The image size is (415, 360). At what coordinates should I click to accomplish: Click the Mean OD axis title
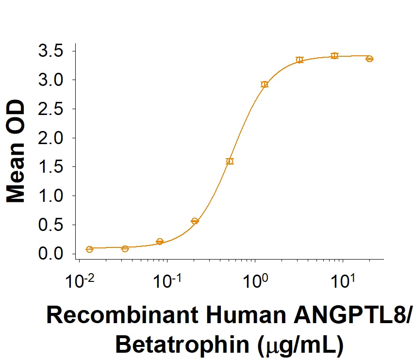(x=17, y=151)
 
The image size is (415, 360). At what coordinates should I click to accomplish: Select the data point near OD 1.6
(x=230, y=161)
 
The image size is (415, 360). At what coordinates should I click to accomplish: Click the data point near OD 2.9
(x=265, y=84)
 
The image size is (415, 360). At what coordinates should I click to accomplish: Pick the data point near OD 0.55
(x=195, y=221)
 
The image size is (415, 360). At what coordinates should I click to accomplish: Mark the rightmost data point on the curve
(x=369, y=59)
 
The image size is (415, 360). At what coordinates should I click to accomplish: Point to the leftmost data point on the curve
(x=89, y=249)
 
